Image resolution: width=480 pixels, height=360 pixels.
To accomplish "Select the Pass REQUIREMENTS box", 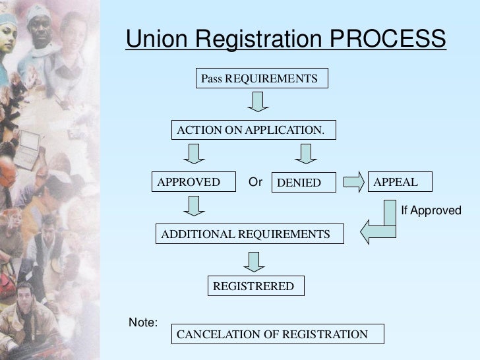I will (259, 79).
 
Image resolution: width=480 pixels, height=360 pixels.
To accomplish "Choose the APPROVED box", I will (194, 182).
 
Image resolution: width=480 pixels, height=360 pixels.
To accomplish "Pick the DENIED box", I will (303, 183).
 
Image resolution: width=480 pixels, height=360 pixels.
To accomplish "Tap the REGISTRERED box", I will (256, 286).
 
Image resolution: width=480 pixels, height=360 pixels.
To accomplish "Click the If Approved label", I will (431, 210).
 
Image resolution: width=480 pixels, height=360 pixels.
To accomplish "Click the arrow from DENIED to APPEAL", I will (352, 181).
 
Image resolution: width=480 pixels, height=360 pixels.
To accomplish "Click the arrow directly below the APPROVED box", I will (193, 208).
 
